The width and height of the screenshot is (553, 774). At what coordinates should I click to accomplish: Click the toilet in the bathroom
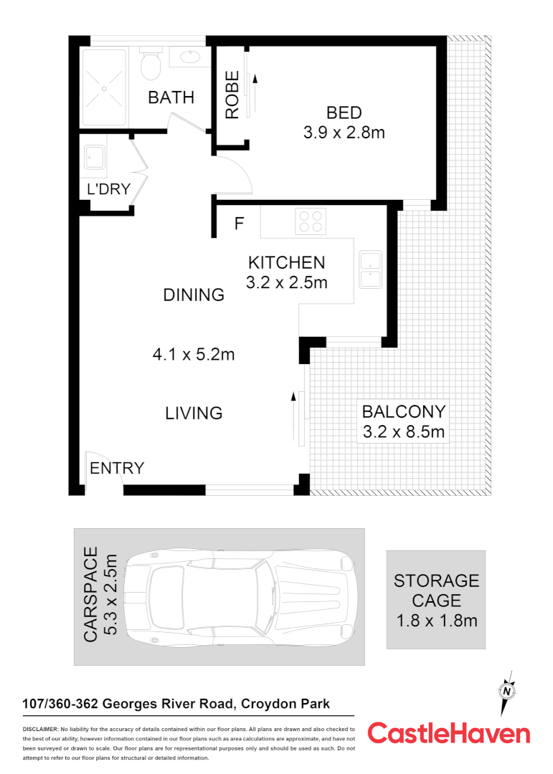[x=151, y=65]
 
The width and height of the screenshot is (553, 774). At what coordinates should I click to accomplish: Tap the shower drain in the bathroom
[x=105, y=87]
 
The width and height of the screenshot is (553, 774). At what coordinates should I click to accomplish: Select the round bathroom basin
[x=190, y=57]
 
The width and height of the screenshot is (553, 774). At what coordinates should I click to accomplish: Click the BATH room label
[x=171, y=97]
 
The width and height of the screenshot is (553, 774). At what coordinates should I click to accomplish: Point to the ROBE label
[x=232, y=95]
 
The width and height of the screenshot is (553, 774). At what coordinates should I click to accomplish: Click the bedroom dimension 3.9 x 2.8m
[x=344, y=133]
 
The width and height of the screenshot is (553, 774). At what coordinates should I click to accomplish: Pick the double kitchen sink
[x=369, y=269]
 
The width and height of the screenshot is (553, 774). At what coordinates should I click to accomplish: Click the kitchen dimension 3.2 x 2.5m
[x=286, y=282]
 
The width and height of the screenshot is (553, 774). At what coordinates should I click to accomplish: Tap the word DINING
[x=194, y=295]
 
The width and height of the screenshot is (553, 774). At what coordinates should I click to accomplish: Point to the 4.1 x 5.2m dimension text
[x=194, y=354]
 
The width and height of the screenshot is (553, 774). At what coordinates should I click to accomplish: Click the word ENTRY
[x=117, y=468]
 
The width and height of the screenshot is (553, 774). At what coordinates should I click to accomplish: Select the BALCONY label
[x=404, y=412]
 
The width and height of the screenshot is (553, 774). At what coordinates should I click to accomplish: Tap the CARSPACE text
[x=90, y=594]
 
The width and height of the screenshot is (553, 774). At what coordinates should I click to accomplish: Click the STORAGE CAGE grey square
[x=436, y=600]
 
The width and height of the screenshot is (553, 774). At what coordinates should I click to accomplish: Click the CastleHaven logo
[x=449, y=733]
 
